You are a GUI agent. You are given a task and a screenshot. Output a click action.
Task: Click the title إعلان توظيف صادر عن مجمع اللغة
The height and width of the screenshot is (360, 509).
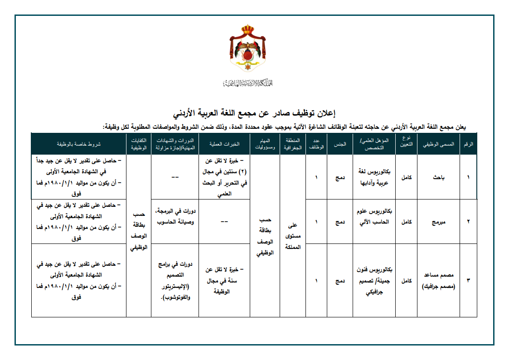coord(254,112)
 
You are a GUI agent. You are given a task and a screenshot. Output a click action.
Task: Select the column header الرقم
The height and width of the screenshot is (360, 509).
coord(468,144)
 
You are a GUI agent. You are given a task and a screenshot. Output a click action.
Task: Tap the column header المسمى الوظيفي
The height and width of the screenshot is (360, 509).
coord(438,144)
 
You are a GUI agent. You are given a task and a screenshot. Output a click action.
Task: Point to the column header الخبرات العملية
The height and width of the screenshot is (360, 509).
coord(224,144)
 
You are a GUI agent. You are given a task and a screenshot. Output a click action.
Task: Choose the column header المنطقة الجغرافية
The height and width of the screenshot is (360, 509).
coord(292,144)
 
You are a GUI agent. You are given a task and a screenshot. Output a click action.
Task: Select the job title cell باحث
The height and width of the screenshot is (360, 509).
coord(438,177)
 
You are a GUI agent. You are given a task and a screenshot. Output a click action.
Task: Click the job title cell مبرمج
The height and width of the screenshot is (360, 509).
coord(438,222)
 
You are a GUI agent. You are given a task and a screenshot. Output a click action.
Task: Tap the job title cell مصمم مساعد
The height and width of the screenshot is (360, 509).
coord(438,281)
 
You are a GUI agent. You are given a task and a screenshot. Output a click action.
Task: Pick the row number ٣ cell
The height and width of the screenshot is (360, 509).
coord(468,281)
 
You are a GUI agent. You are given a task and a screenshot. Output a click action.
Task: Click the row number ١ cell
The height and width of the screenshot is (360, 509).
coord(468,177)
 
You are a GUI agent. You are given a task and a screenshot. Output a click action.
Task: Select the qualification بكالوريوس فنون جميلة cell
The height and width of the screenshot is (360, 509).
coord(374,281)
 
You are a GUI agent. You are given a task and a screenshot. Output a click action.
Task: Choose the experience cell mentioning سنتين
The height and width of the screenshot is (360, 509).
coord(224,177)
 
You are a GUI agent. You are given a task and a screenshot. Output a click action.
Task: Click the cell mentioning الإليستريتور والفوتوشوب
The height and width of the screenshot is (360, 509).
coord(175,281)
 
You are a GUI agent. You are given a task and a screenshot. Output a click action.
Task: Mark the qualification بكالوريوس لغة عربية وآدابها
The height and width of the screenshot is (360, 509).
coord(374,177)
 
